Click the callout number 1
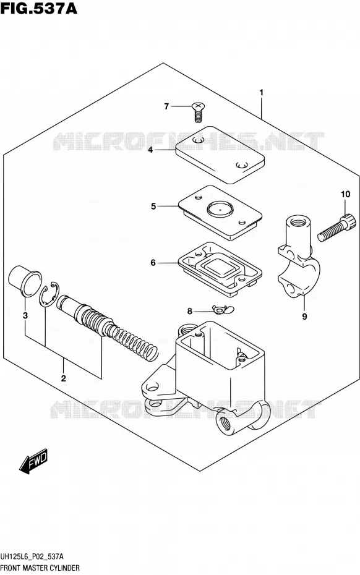(x=261, y=93)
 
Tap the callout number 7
(x=166, y=106)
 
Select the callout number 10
(x=345, y=194)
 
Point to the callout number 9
(x=304, y=316)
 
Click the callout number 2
(x=64, y=378)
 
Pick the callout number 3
(x=25, y=315)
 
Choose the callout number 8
(x=189, y=312)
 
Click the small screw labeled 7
(x=198, y=112)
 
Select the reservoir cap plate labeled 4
(x=220, y=155)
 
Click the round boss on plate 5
(x=220, y=208)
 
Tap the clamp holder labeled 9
(x=298, y=257)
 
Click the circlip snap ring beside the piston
(x=48, y=292)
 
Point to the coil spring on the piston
(x=134, y=342)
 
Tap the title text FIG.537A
(x=39, y=8)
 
